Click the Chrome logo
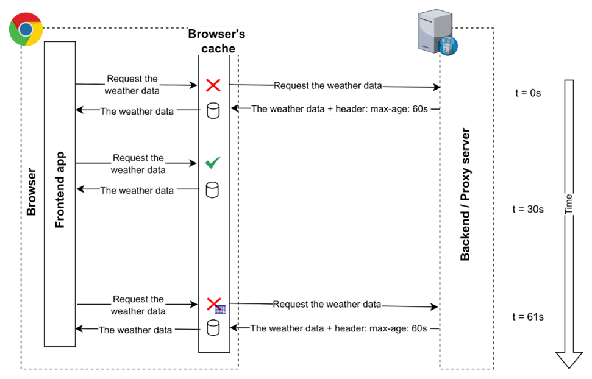(26, 29)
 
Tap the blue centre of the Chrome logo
(26, 29)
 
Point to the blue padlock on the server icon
(449, 45)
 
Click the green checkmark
(213, 163)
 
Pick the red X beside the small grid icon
(213, 303)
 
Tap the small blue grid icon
(220, 310)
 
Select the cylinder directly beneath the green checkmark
(212, 190)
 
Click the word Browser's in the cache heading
(217, 34)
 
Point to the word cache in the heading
(218, 49)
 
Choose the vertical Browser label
(32, 193)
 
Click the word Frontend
(60, 204)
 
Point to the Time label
(569, 205)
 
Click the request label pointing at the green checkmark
(138, 164)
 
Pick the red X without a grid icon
(213, 85)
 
